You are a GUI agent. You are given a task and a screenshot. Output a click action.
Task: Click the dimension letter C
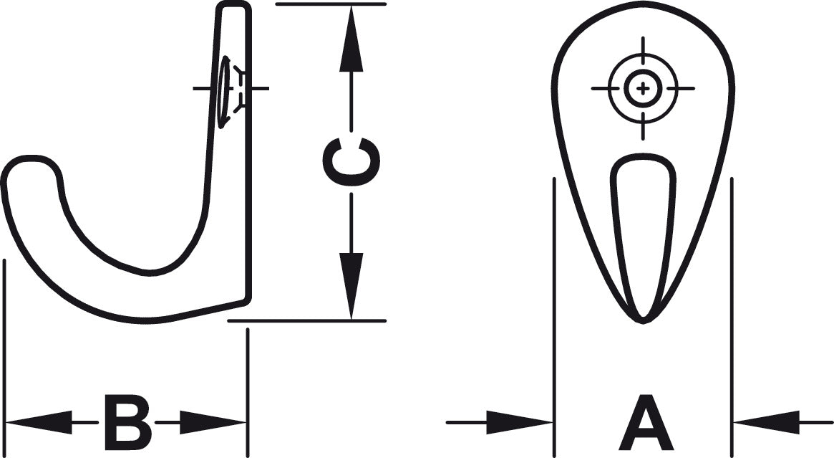coord(351,162)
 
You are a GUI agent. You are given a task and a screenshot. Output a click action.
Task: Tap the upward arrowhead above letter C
coord(351,38)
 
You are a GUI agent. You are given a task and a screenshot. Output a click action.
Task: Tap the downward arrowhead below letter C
coord(351,286)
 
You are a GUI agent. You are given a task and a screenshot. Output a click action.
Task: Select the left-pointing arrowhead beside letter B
coord(38,422)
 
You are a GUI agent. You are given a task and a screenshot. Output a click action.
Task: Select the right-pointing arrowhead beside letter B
coord(213,422)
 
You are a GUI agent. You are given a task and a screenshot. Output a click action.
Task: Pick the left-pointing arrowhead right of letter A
coord(767,422)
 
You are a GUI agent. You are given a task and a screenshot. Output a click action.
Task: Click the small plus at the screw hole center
coord(643,88)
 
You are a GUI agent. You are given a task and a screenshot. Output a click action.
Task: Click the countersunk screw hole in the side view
coord(225,92)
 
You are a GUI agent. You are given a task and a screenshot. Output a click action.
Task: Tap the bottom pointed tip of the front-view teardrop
coord(643,321)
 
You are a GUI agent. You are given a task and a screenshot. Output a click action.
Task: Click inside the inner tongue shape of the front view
coord(643,224)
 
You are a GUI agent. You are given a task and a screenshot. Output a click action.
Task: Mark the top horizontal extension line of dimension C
coord(331,4)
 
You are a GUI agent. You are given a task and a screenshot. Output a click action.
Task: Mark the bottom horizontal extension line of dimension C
coord(307,321)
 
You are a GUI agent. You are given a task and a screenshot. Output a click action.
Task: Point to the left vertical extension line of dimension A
coord(554,318)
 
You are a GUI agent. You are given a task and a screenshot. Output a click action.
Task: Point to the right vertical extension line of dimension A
coord(732,318)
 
